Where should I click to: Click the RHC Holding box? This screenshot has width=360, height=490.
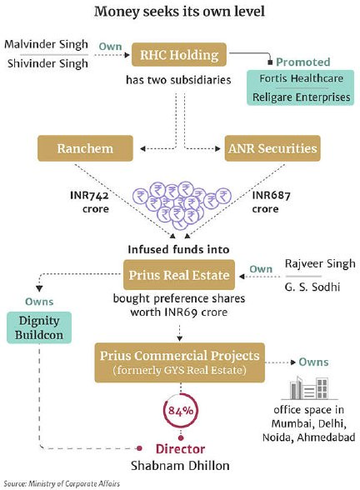tap(178, 55)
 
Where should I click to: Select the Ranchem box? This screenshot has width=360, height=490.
tap(85, 148)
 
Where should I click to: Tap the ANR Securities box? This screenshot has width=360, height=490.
tap(272, 148)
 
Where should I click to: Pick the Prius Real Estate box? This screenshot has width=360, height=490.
tap(179, 275)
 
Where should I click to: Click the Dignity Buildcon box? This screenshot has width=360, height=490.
tap(39, 327)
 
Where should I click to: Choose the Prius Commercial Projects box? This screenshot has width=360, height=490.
tap(180, 362)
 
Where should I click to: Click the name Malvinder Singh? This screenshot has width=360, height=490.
tap(47, 44)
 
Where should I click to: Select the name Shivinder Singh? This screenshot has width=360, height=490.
tap(47, 63)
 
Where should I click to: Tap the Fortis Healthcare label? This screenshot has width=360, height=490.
tap(302, 78)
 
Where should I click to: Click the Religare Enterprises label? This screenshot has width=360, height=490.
tap(302, 97)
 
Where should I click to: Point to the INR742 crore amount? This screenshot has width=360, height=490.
tap(90, 202)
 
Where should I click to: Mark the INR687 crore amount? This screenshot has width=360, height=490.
tap(272, 202)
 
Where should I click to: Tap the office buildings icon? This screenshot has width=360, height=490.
tap(308, 388)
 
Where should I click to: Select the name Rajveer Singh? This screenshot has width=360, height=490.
tap(320, 264)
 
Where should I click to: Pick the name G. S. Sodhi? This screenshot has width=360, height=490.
tap(312, 287)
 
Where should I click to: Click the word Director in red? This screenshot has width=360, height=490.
tap(180, 448)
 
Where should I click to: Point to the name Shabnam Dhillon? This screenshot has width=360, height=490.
tap(180, 466)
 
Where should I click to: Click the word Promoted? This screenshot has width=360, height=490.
tap(302, 62)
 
